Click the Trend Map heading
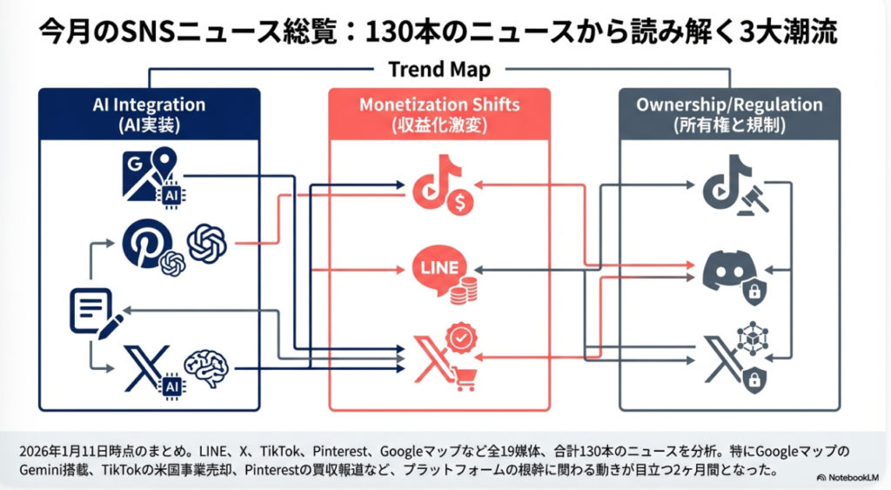click(439, 69)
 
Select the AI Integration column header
click(149, 114)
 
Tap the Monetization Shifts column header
click(439, 114)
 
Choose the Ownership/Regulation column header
click(729, 114)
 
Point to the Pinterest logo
click(148, 242)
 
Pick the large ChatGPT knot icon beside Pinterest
click(207, 241)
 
